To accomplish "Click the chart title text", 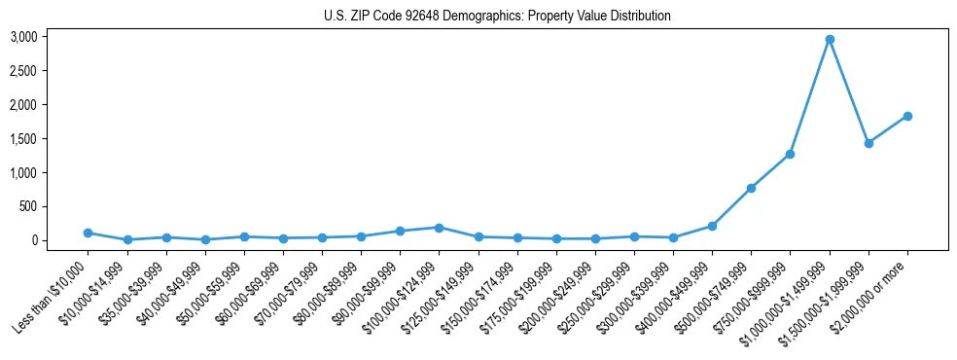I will [x=497, y=17].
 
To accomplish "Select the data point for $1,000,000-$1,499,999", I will [x=830, y=40].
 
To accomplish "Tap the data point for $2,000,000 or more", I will [x=907, y=116].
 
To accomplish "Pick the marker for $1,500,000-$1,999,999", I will [x=868, y=143].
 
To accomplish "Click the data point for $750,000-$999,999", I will [x=791, y=154].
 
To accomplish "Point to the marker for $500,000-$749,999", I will [x=751, y=188].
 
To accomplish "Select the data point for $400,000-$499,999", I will [x=712, y=226].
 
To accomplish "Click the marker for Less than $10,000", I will [x=89, y=233].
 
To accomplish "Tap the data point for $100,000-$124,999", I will [x=440, y=228].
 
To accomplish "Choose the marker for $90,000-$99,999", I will [x=400, y=231].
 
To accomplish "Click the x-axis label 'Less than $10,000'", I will [x=53, y=294].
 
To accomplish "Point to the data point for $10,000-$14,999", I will [x=127, y=239].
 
